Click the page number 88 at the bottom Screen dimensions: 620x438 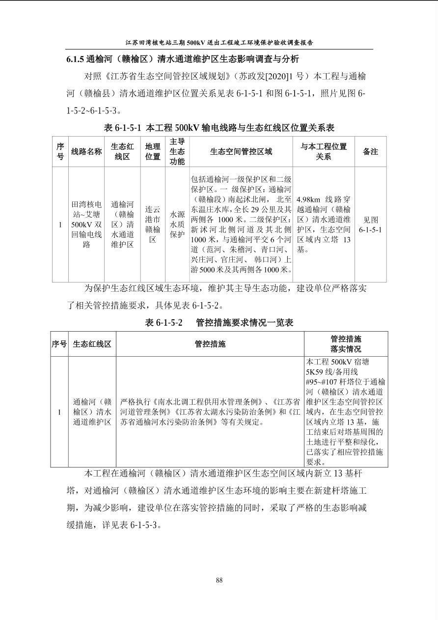tap(219, 580)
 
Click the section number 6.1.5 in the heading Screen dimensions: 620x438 tap(75, 59)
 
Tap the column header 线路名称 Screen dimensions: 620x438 tap(86, 151)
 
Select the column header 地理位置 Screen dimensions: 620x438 tap(153, 151)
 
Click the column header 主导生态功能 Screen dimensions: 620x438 tap(177, 151)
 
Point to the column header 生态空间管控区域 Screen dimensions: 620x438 tap(241, 151)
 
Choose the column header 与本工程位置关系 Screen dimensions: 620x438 tap(324, 151)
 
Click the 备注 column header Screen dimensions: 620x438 tap(370, 151)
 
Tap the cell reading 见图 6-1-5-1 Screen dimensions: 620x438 tap(370, 225)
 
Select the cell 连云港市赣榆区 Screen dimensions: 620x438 tap(153, 225)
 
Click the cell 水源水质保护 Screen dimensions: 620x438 tap(177, 225)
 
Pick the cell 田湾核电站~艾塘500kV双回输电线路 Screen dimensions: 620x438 tap(86, 225)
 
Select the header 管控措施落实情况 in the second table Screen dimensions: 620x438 tap(346, 344)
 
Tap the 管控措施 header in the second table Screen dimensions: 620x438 tap(210, 344)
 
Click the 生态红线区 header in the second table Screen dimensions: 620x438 tap(92, 344)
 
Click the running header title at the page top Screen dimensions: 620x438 tap(219, 42)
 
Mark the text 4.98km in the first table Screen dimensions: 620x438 tap(308, 200)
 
